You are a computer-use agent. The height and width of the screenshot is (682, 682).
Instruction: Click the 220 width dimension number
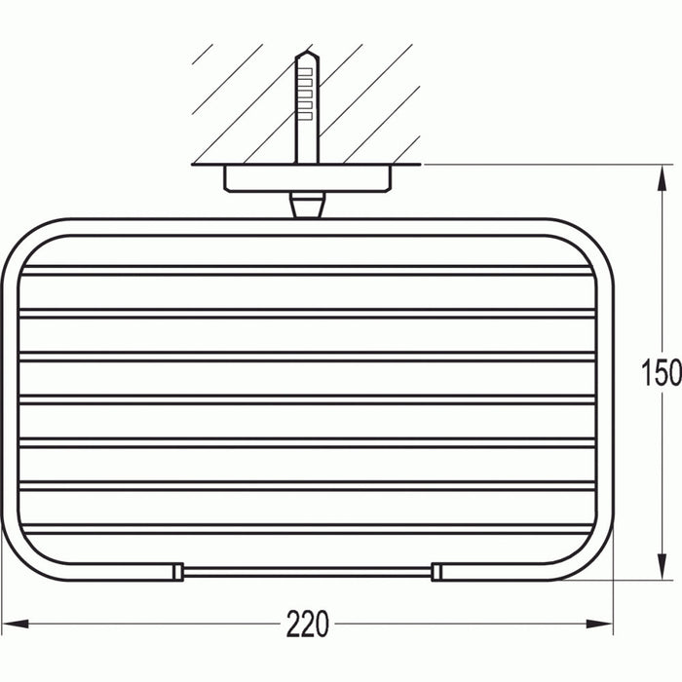308,622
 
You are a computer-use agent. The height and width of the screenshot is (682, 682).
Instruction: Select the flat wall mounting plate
307,178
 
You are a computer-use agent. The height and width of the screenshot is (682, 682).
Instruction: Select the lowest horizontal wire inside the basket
307,529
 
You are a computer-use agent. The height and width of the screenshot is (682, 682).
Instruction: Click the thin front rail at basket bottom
307,571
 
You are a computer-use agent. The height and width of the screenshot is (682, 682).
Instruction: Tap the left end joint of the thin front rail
179,571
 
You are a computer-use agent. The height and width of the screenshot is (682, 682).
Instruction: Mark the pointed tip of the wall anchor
306,56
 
